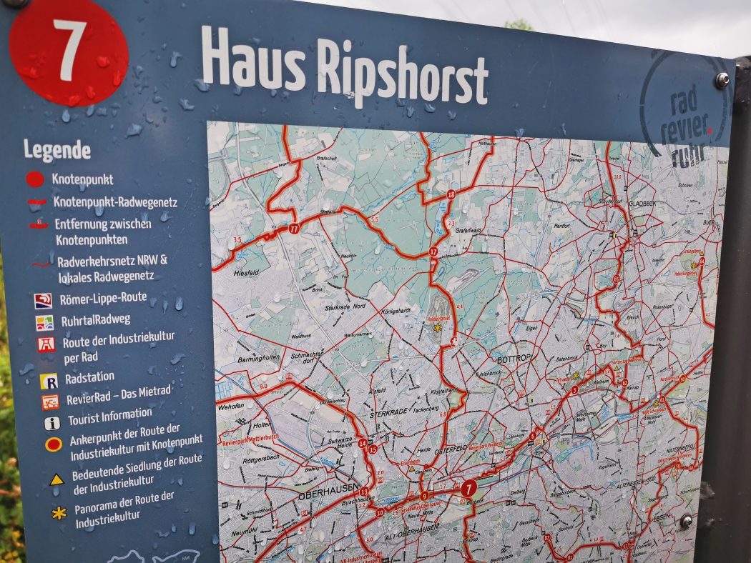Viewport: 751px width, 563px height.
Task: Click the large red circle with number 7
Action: pos(69,51)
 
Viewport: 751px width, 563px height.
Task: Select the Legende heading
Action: pos(57,150)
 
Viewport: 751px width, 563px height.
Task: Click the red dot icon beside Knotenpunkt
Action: pos(34,179)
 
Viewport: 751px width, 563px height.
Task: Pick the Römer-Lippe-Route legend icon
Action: pos(43,301)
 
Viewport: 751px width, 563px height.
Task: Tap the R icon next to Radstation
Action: pos(49,382)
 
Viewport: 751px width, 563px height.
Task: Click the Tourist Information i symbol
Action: pos(52,423)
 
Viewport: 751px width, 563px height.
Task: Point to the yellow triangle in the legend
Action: pos(57,479)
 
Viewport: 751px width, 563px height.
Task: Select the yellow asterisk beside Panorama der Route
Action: pos(59,512)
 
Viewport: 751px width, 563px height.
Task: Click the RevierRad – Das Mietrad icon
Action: pos(50,402)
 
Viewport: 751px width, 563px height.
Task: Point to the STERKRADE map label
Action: pos(387,413)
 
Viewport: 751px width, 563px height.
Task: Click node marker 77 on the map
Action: pos(294,229)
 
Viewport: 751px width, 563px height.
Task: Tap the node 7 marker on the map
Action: pos(468,489)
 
